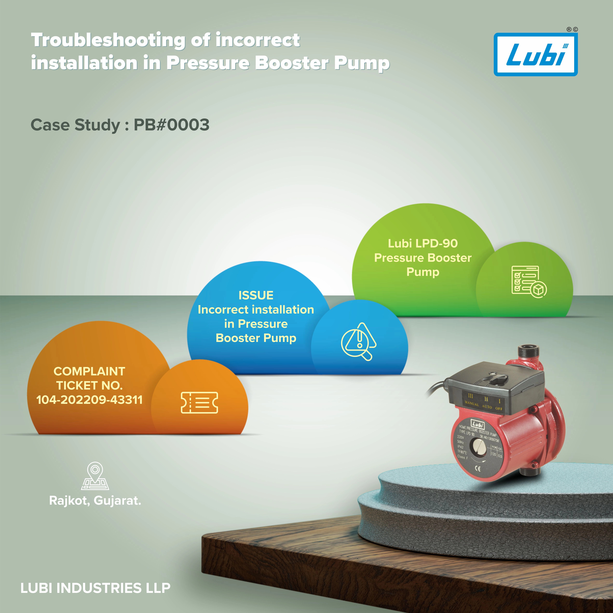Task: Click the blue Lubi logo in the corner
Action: (x=536, y=55)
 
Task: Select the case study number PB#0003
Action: (x=171, y=125)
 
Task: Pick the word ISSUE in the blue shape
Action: (x=256, y=295)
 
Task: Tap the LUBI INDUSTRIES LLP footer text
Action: (x=95, y=588)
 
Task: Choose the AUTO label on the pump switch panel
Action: (x=487, y=406)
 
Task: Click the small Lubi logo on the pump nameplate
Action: (x=478, y=424)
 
